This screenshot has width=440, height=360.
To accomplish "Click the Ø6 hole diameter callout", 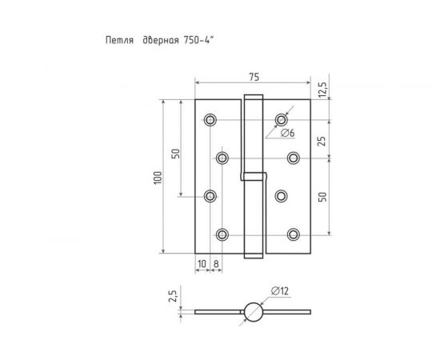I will pos(288,133).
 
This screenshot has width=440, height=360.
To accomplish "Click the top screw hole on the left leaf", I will pos(210,119).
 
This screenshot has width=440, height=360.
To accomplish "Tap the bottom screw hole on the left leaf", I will pos(222,234).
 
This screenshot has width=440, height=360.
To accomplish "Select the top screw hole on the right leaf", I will pos(281,119).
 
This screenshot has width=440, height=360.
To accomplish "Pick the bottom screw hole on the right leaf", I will pos(294,234).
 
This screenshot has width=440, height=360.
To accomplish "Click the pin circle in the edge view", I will pos(253,310).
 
